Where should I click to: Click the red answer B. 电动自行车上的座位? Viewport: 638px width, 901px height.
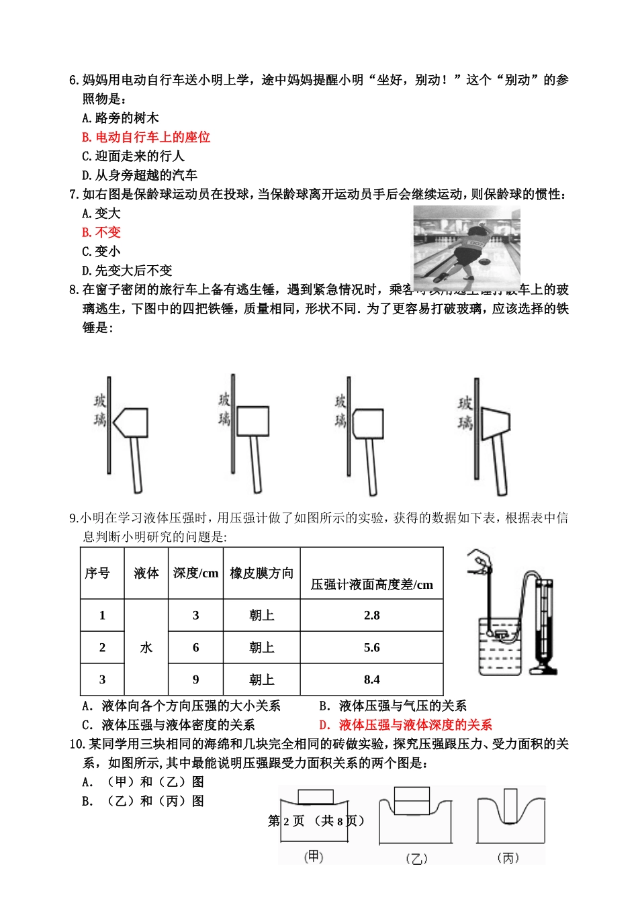pyautogui.click(x=146, y=137)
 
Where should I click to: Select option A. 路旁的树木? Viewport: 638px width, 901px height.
pyautogui.click(x=120, y=118)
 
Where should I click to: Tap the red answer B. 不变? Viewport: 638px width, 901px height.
pyautogui.click(x=101, y=232)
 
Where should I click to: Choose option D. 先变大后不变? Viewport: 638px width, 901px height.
pyautogui.click(x=127, y=271)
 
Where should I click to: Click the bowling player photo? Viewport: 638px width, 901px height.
pyautogui.click(x=466, y=247)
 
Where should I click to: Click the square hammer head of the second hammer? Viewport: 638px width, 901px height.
pyautogui.click(x=253, y=421)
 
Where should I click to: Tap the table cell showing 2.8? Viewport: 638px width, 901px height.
pyautogui.click(x=371, y=615)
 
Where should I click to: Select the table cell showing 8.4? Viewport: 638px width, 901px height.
pyautogui.click(x=371, y=679)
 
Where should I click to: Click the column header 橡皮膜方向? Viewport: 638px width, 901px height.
pyautogui.click(x=261, y=573)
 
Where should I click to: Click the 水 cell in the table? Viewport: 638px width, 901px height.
pyautogui.click(x=146, y=647)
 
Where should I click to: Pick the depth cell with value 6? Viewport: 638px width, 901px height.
pyautogui.click(x=195, y=647)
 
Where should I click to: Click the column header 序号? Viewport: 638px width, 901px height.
pyautogui.click(x=97, y=573)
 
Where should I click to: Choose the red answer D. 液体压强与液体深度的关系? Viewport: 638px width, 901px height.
pyautogui.click(x=406, y=724)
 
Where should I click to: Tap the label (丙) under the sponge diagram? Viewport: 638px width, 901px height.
pyautogui.click(x=508, y=857)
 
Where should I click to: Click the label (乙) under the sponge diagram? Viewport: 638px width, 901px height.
pyautogui.click(x=416, y=859)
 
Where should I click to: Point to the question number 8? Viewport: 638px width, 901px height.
pyautogui.click(x=74, y=290)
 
